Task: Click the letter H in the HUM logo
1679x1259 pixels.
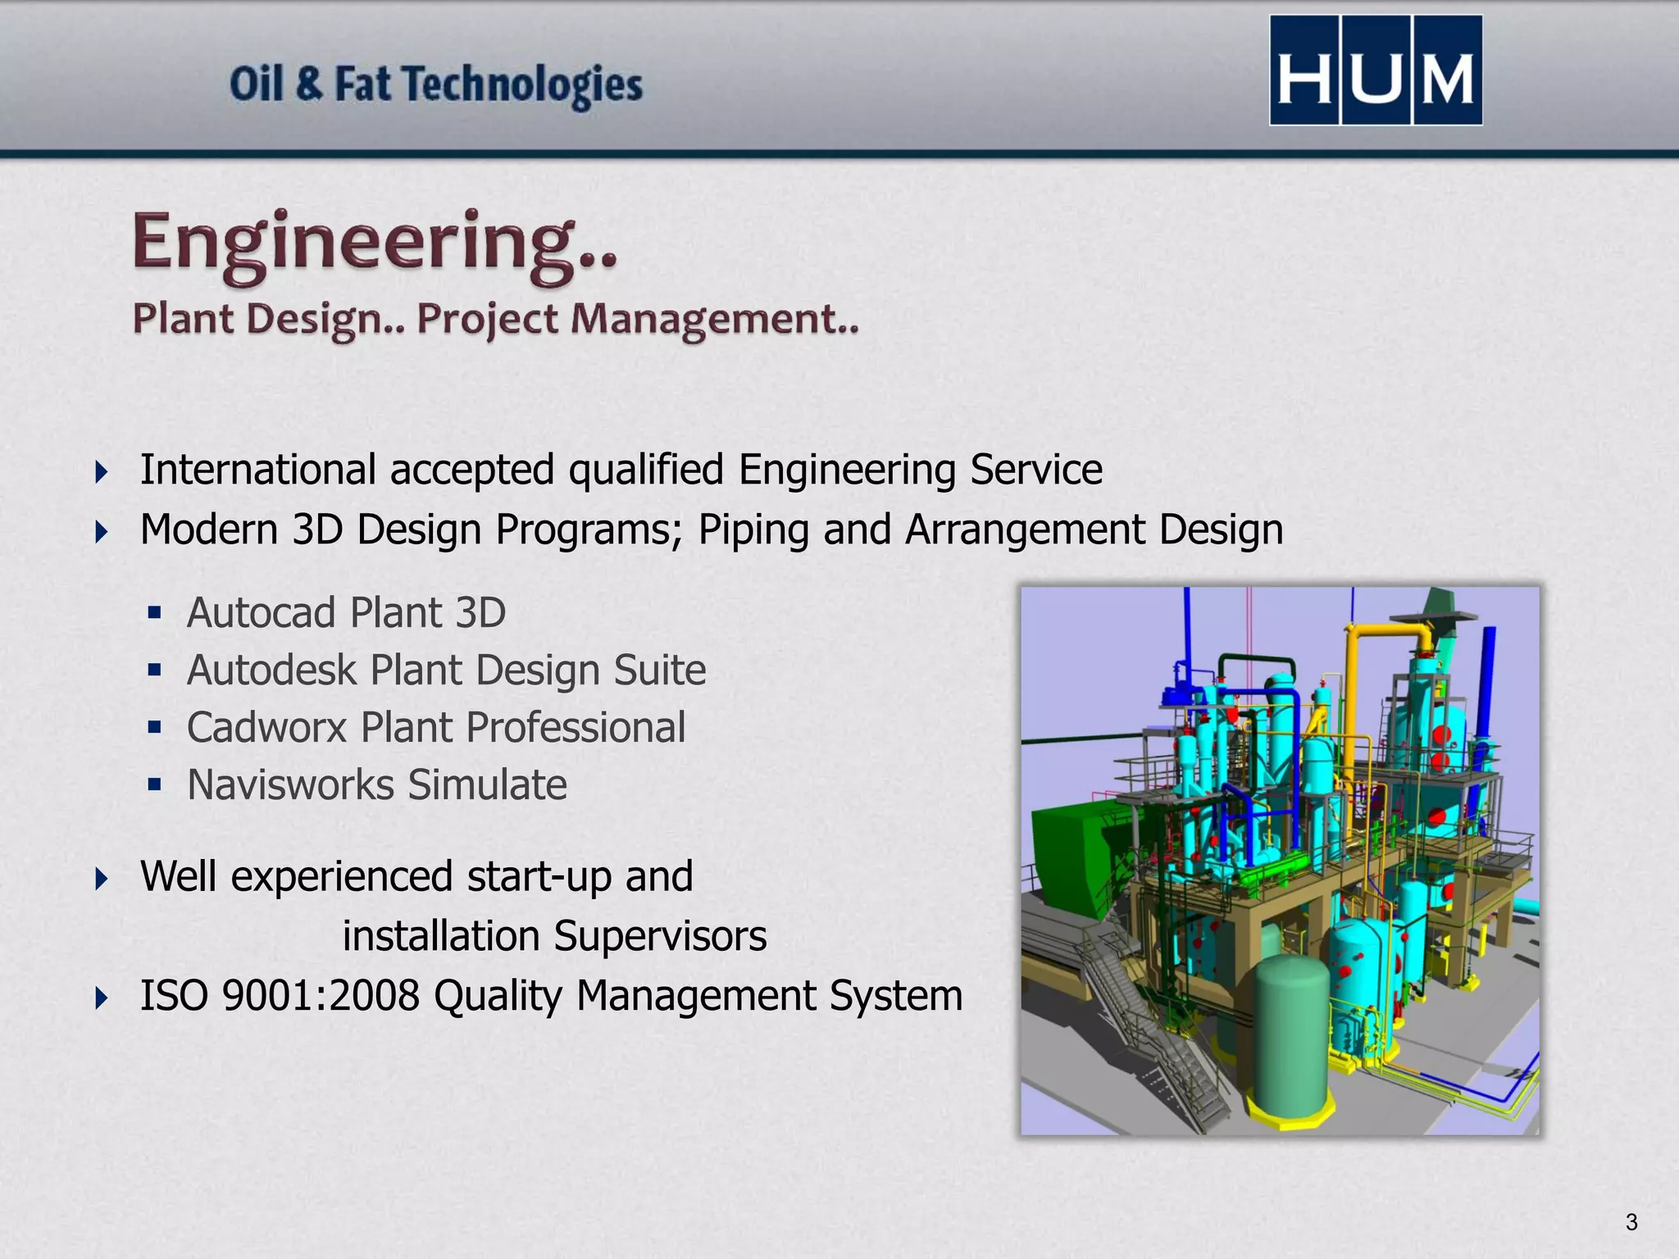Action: [1304, 79]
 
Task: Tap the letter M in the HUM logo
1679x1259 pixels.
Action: [1447, 79]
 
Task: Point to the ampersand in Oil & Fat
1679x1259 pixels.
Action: [309, 84]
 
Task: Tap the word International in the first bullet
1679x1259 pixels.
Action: [258, 470]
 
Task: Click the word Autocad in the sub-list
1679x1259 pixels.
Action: [262, 612]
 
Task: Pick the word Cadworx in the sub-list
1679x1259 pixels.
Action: [266, 727]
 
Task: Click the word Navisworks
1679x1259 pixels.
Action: [291, 784]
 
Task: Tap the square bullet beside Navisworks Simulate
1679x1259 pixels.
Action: [155, 784]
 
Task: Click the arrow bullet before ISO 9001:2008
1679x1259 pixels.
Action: [101, 998]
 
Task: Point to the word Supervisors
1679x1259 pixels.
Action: [659, 936]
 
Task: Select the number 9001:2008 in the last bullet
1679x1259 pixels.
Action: [321, 996]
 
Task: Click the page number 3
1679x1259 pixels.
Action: [1631, 1222]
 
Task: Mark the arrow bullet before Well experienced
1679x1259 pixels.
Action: [101, 879]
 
